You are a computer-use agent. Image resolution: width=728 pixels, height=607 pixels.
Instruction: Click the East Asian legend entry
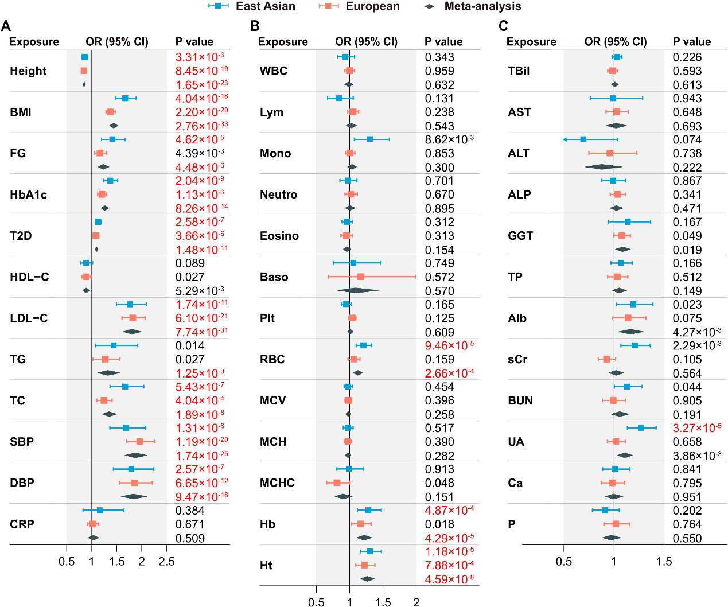[x=252, y=6]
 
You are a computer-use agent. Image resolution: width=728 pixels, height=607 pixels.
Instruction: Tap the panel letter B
[x=255, y=26]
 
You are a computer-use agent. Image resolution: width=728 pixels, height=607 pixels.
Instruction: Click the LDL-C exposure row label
[x=29, y=318]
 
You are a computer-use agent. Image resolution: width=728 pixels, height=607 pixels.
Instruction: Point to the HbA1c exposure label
[x=28, y=194]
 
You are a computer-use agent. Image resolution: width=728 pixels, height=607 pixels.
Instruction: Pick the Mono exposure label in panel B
[x=275, y=153]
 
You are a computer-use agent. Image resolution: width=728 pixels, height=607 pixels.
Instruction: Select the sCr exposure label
[x=517, y=360]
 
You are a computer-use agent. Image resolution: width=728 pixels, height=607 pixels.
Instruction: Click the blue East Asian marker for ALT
[x=583, y=139]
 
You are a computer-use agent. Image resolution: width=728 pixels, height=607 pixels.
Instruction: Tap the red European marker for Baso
[x=360, y=277]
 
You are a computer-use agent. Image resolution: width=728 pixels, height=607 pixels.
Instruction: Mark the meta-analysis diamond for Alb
[x=631, y=332]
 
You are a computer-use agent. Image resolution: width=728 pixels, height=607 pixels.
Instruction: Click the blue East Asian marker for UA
[x=641, y=427]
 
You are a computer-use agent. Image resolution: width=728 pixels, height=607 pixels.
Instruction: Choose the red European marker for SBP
[x=139, y=442]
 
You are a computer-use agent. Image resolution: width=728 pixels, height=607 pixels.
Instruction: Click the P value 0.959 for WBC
[x=439, y=71]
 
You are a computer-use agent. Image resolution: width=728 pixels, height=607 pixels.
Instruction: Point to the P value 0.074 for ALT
[x=687, y=139]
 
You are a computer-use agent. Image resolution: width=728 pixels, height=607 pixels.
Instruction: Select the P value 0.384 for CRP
[x=190, y=511]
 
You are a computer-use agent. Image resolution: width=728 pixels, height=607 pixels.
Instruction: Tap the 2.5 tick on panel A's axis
[x=166, y=562]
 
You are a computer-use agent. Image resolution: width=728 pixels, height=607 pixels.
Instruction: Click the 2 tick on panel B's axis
[x=416, y=602]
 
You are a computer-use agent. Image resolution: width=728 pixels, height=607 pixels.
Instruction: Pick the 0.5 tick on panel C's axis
[x=564, y=562]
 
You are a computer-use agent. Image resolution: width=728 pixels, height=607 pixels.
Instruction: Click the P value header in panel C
[x=692, y=42]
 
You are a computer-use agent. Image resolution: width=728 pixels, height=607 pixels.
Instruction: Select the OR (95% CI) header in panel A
[x=117, y=42]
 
